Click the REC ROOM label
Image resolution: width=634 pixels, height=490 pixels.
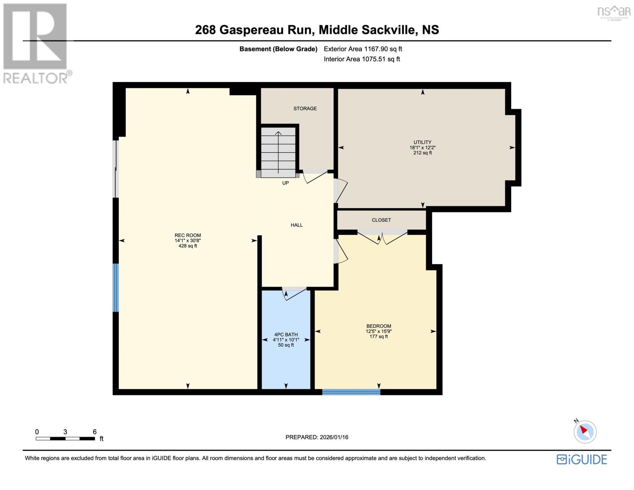(x=187, y=236)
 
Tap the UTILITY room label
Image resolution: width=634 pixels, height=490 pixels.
(x=422, y=143)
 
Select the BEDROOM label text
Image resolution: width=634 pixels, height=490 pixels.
(x=378, y=326)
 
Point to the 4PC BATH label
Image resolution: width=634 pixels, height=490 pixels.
(x=286, y=335)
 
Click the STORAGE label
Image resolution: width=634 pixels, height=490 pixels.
(x=305, y=109)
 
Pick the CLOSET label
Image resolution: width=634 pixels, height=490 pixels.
(x=381, y=220)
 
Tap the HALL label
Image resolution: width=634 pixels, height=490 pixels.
(x=296, y=225)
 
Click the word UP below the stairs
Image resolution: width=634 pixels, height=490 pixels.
(x=285, y=183)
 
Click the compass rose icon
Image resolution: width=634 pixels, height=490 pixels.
(x=585, y=432)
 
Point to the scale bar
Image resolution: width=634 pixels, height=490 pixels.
(x=65, y=439)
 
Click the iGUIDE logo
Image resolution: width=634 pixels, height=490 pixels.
(x=582, y=459)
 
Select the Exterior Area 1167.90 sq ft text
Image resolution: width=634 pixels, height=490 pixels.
(x=363, y=49)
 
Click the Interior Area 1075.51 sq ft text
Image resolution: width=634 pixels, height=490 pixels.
(x=362, y=59)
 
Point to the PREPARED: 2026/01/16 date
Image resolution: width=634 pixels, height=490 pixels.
(x=317, y=437)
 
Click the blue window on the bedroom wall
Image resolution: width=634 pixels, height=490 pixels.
(x=351, y=392)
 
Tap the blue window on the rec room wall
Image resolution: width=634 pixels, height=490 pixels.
(x=116, y=288)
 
